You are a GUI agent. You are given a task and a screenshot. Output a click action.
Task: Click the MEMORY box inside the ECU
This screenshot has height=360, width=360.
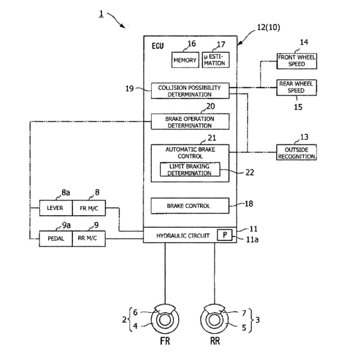click(184, 60)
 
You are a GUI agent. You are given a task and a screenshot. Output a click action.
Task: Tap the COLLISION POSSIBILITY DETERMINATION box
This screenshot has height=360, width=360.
click(190, 91)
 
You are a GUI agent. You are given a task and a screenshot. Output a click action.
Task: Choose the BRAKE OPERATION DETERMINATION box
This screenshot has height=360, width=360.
click(190, 122)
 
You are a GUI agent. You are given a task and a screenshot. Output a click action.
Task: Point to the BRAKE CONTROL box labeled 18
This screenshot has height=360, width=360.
click(190, 206)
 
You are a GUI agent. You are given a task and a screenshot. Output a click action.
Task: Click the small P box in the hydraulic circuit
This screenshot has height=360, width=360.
click(224, 234)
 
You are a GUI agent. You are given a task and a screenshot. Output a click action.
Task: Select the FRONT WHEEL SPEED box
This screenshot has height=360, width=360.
click(297, 61)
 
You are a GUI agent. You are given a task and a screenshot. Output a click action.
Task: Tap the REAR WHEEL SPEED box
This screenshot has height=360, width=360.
click(297, 87)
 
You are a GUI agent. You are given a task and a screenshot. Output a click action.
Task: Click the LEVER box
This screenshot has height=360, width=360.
click(56, 208)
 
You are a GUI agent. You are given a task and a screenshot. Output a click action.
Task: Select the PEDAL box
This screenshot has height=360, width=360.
click(56, 238)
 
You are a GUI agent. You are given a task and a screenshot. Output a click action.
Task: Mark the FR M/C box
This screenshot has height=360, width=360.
click(89, 208)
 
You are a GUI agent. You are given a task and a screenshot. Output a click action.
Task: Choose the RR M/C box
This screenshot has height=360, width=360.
click(89, 238)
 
